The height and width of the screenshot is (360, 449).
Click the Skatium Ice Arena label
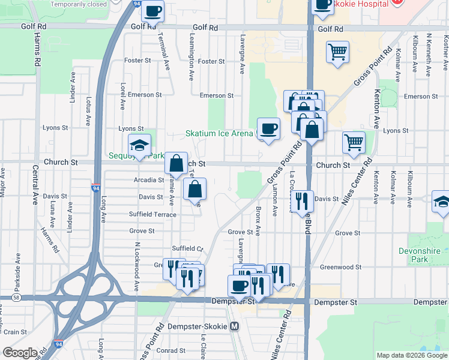(218, 133)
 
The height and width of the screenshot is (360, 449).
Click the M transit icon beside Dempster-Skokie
(235, 326)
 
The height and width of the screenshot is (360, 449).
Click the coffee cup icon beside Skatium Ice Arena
(268, 128)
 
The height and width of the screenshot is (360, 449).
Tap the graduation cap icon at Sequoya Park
(139, 145)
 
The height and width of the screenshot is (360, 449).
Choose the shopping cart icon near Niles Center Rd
(354, 143)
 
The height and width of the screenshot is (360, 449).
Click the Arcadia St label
(149, 179)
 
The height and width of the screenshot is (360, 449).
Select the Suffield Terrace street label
(152, 214)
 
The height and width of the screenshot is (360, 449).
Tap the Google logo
(19, 353)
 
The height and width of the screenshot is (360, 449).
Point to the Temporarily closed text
(79, 4)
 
